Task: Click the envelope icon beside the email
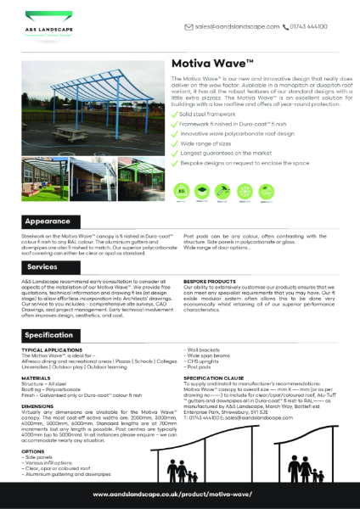pyautogui.click(x=188, y=27)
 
